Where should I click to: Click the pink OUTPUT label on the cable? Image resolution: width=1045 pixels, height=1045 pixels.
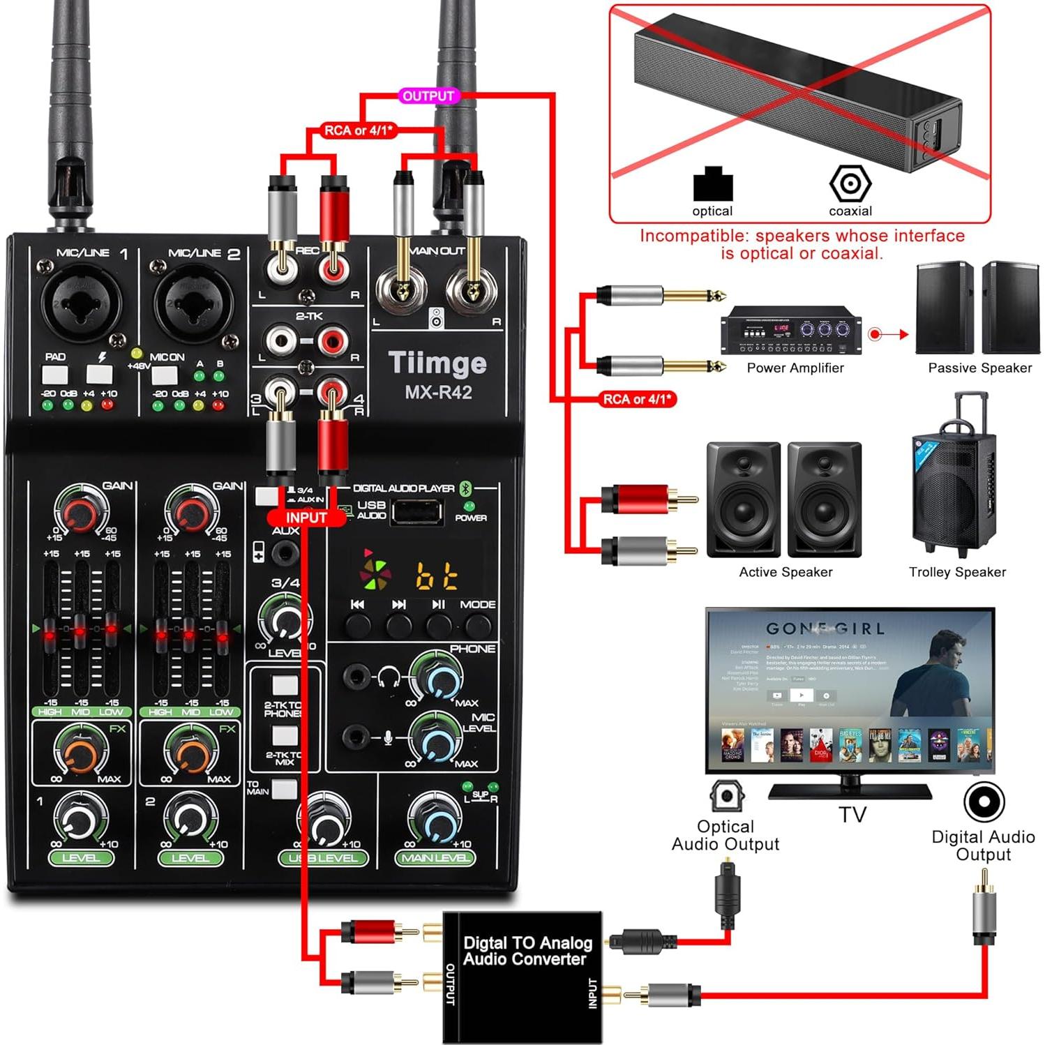(x=428, y=96)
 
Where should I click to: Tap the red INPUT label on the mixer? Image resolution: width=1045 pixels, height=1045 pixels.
(x=306, y=518)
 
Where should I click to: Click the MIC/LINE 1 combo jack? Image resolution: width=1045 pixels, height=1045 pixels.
(x=81, y=302)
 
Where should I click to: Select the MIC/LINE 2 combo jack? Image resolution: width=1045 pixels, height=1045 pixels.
(x=192, y=302)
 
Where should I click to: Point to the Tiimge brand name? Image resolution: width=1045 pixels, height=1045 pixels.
(x=437, y=363)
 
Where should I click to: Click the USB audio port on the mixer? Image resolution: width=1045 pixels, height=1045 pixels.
(x=416, y=513)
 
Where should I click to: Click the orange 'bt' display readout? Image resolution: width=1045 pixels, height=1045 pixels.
(x=437, y=576)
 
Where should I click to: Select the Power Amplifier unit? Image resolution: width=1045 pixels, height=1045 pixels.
(x=790, y=330)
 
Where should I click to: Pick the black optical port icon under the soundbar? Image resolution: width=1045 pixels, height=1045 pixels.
(x=712, y=184)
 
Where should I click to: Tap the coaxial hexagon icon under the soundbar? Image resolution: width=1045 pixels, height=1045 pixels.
(x=850, y=184)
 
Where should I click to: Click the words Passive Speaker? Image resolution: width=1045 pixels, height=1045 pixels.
(x=979, y=368)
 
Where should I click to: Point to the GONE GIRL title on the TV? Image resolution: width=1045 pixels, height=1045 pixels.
(x=825, y=629)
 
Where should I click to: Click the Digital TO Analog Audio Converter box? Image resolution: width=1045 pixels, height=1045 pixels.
(x=522, y=976)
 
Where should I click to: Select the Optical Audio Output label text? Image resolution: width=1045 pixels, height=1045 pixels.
(x=726, y=835)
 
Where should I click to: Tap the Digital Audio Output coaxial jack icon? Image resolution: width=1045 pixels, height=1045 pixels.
(x=984, y=802)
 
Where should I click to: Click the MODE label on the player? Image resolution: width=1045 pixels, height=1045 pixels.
(x=478, y=604)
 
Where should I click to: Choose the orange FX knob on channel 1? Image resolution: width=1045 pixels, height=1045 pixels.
(x=81, y=753)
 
